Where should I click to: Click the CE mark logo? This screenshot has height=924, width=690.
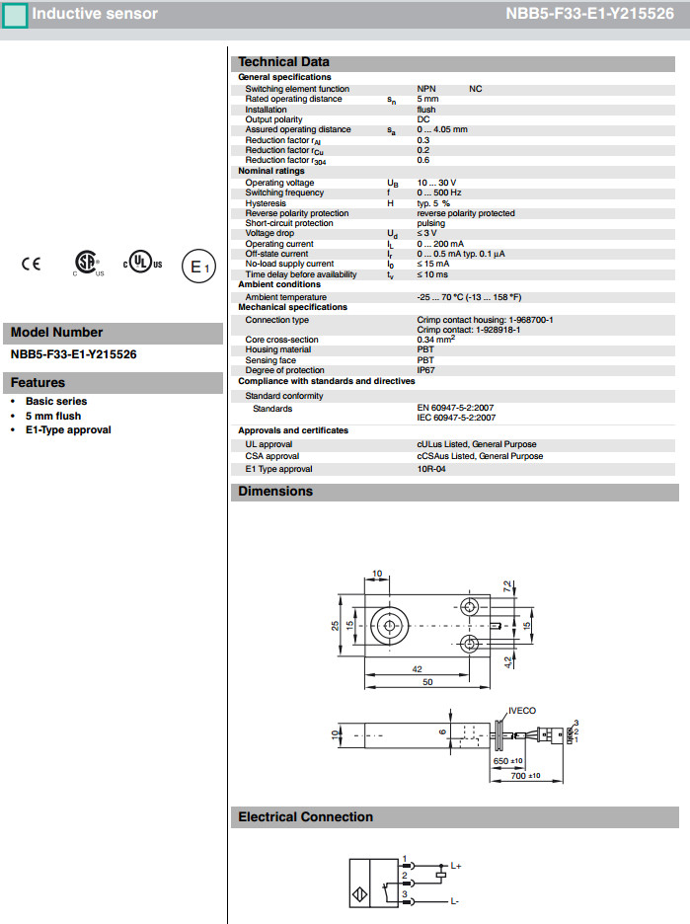coord(32,264)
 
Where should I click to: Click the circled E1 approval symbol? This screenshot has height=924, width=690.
coord(197,267)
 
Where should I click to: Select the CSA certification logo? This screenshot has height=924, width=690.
coord(88,263)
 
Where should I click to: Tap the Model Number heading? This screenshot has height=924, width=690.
coord(56,333)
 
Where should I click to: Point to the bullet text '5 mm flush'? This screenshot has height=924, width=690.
coord(53,416)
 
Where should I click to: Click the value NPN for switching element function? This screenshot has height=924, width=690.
coord(426,89)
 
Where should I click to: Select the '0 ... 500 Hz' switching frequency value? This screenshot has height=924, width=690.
coord(439,192)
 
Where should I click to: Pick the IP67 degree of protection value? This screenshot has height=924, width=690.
coord(425,370)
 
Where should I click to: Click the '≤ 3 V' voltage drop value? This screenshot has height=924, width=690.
coord(427,233)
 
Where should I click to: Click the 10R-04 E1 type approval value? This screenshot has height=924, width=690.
coord(431,469)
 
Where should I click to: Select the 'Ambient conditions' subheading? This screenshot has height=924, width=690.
coord(280,284)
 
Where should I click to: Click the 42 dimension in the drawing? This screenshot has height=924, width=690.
coord(419,669)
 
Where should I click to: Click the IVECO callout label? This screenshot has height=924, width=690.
coord(521,710)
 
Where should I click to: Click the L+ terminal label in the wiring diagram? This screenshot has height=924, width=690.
coord(455,866)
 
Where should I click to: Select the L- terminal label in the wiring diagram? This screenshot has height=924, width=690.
coord(454,901)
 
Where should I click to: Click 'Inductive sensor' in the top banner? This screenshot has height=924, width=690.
coord(94,14)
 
